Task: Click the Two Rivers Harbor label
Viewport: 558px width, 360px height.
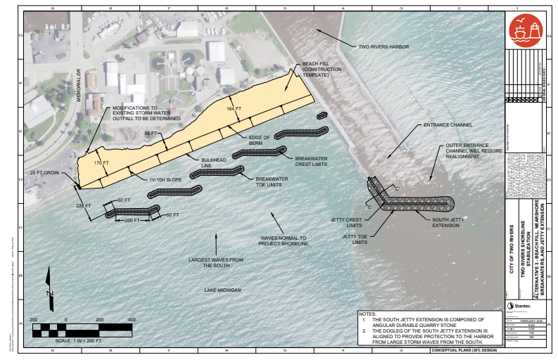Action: pos(383,47)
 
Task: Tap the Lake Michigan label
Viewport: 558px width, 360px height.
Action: pos(222,290)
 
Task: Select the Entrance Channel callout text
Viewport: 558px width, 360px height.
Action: pos(448,124)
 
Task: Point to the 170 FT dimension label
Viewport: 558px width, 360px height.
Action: pos(102,163)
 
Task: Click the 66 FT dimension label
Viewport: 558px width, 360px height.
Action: pos(151,133)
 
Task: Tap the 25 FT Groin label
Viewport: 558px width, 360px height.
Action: pos(44,172)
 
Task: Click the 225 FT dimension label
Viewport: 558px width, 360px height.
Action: pos(84,205)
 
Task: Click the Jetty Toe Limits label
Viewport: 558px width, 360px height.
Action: pos(357,240)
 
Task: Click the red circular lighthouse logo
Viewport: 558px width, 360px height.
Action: pos(526,32)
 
